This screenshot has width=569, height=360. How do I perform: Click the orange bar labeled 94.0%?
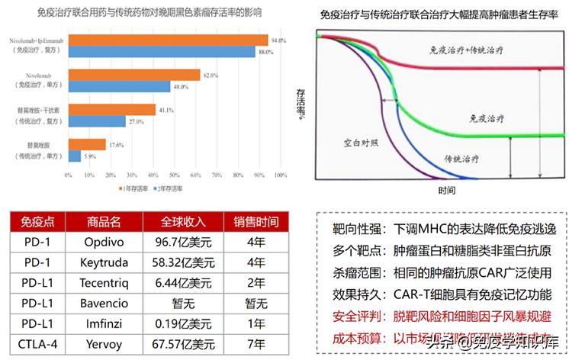(168, 40)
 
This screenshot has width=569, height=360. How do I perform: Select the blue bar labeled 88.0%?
(162, 52)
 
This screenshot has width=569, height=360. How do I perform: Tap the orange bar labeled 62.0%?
(134, 75)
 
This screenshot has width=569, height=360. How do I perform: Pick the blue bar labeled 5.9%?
(75, 156)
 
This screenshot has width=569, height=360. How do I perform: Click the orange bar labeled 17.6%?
(87, 144)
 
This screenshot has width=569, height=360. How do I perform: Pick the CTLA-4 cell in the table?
(34, 342)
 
